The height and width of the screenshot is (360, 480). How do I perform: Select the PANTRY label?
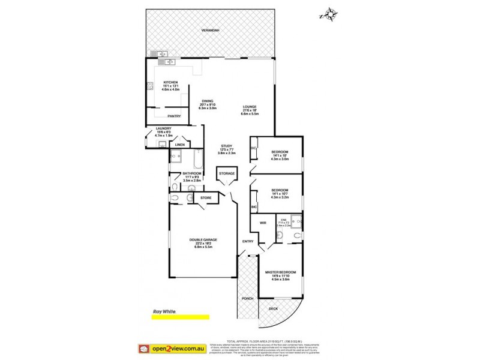[174, 116]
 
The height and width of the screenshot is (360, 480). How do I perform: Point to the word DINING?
[209, 102]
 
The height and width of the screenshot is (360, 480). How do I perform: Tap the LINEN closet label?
[179, 145]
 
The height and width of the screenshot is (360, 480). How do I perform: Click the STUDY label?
[226, 146]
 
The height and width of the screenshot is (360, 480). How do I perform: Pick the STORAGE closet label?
[227, 173]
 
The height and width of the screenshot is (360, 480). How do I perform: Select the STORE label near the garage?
[206, 197]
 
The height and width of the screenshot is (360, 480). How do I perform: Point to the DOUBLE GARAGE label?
[203, 239]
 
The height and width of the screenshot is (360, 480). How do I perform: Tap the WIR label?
[262, 223]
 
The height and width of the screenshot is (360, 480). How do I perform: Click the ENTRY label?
[247, 241]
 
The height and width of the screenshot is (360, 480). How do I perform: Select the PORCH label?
[247, 298]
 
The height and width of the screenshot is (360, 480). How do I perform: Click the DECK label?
[272, 309]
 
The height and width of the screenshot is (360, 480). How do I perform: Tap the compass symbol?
[329, 14]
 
